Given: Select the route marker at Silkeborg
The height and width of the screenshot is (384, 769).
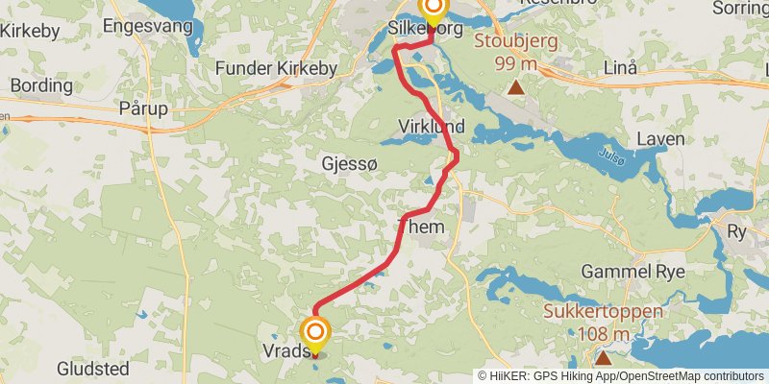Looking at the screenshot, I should (x=433, y=12).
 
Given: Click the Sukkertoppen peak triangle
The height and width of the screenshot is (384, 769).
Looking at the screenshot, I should (x=603, y=358).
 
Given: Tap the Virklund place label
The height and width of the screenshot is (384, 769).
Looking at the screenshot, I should (x=432, y=126).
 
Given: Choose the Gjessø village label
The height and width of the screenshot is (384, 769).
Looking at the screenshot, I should (x=350, y=164).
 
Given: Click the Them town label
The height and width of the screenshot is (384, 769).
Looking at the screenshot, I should (x=421, y=228).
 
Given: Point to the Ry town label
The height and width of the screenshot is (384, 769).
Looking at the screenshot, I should (x=737, y=231).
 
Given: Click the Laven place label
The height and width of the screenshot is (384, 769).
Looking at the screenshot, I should (x=661, y=139).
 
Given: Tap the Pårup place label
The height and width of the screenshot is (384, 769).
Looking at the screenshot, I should (x=143, y=108).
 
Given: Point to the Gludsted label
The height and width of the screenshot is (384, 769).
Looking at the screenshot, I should (x=93, y=369).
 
